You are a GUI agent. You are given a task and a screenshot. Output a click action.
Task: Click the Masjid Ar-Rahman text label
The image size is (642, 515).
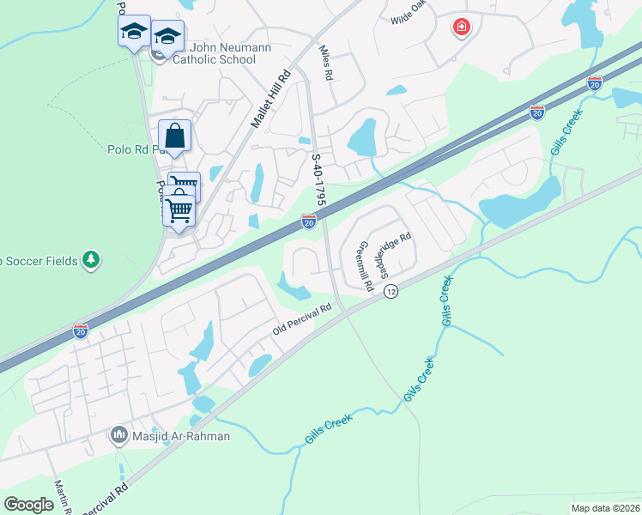[x=182, y=436]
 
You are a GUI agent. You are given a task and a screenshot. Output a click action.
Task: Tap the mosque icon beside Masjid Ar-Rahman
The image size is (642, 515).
[x=119, y=436]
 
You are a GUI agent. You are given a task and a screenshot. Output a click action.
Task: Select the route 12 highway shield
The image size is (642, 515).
[x=391, y=292]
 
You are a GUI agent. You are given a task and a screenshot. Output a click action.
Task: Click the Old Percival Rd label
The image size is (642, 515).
[x=301, y=318]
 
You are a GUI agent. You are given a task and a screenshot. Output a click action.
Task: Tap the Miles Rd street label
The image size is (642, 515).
[x=324, y=64]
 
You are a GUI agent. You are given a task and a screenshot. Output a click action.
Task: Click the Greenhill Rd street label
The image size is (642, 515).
[x=365, y=265]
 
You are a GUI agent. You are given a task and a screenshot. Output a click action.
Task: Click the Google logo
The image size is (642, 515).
[x=29, y=504]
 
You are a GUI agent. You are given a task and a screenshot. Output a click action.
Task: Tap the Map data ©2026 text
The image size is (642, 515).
[x=604, y=508]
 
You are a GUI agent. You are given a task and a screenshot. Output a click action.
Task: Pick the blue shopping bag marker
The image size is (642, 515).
[x=174, y=136]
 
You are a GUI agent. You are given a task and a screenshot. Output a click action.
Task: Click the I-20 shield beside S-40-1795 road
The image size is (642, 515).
[x=309, y=222]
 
